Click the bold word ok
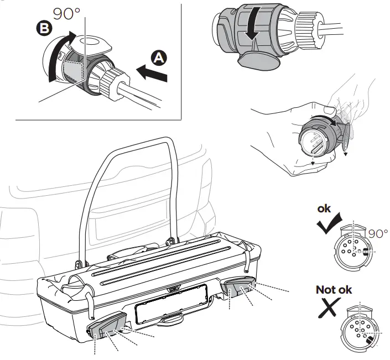[325, 209]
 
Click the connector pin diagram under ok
[351, 247]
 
